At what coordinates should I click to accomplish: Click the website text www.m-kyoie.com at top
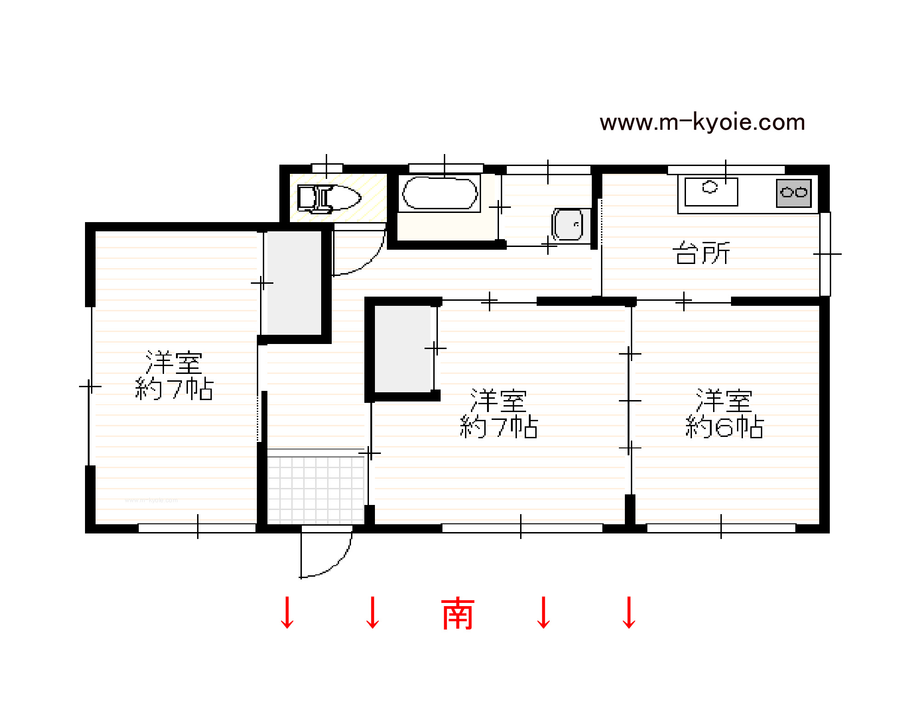[x=702, y=122]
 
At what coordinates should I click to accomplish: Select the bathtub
[x=440, y=193]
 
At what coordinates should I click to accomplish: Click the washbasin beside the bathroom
[x=567, y=224]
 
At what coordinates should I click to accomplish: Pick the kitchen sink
[x=711, y=192]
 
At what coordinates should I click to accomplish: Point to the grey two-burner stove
[x=793, y=193]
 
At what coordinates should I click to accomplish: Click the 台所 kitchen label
[x=701, y=253]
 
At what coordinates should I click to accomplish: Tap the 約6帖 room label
[x=724, y=427]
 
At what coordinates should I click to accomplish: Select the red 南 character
[x=458, y=613]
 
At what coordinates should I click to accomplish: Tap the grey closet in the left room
[x=294, y=283]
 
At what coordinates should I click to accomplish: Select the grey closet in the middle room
[x=403, y=349]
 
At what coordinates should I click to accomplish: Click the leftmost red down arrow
[x=287, y=613]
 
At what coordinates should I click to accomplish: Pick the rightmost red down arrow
[x=629, y=613]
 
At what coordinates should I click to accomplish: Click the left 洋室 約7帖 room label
[x=174, y=375]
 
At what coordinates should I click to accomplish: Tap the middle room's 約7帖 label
[x=499, y=427]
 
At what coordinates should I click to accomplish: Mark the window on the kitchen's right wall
[x=825, y=254]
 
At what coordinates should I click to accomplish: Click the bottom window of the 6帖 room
[x=721, y=528]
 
